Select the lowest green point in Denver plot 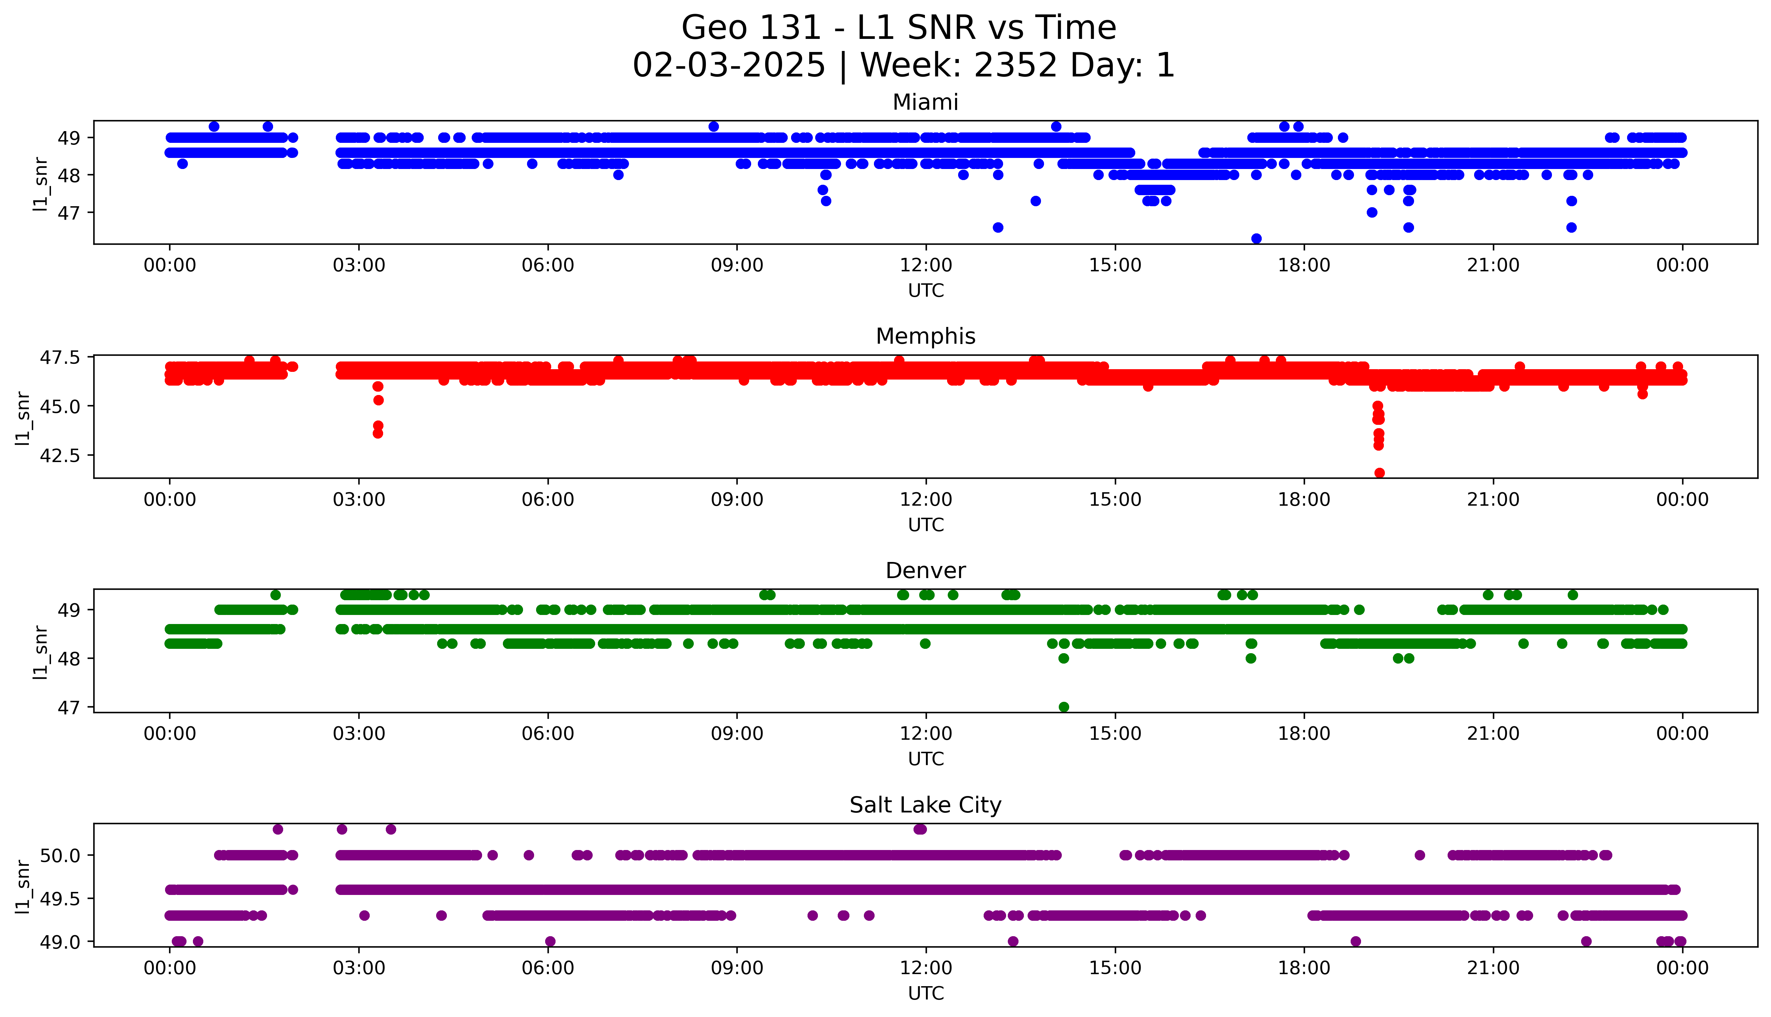1063,707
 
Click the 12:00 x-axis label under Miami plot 926,266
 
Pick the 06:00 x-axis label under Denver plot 548,734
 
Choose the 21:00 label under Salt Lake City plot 1493,968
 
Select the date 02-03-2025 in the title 729,66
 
